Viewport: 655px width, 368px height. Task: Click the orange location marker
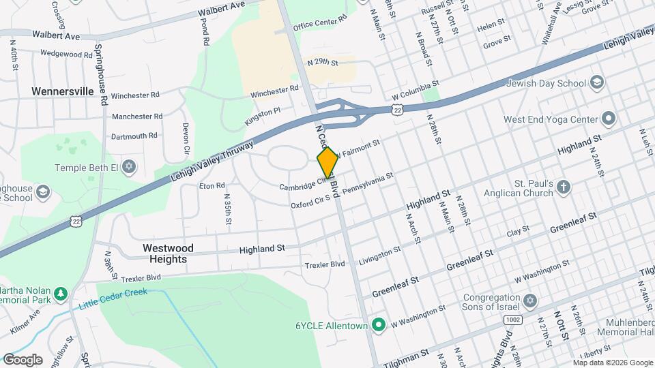[327, 162]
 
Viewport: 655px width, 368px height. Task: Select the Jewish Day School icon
[597, 83]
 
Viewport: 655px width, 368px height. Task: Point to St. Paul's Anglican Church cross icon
[564, 187]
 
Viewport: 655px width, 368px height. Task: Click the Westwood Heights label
[168, 254]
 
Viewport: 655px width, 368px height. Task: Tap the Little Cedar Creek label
[113, 298]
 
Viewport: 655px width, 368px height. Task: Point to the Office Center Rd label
[320, 26]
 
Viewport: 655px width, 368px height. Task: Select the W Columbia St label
[416, 90]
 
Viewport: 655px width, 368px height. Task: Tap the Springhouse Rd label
[102, 74]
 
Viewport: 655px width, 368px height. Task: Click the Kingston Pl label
[263, 117]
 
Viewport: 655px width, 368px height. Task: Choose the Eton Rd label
[212, 185]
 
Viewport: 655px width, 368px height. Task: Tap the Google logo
[22, 360]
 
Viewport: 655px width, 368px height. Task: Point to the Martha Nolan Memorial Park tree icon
[61, 293]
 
